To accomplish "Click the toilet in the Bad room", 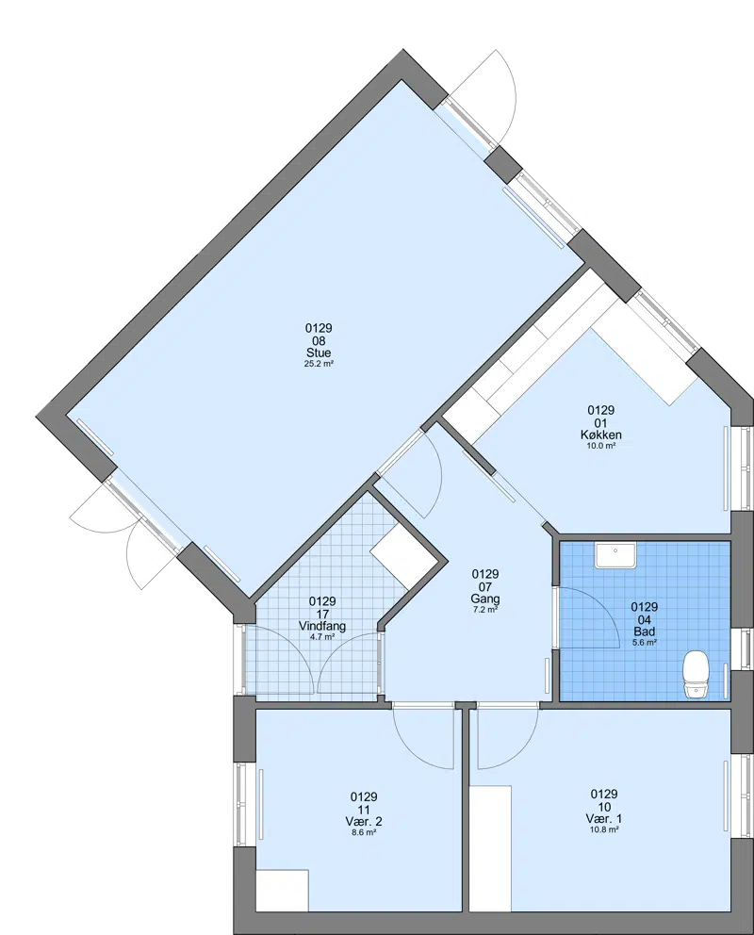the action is click(x=695, y=675).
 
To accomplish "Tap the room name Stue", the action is click(x=319, y=353).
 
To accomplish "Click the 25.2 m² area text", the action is click(x=319, y=363).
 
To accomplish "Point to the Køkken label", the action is click(x=600, y=435).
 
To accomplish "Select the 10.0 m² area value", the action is click(x=600, y=446).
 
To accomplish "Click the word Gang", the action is click(x=485, y=599).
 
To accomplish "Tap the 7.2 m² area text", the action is click(x=485, y=610).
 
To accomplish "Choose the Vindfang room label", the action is click(x=322, y=626).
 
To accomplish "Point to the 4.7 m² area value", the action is click(x=322, y=637).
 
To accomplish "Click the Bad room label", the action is click(x=645, y=632).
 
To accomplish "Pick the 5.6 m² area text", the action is click(x=645, y=642).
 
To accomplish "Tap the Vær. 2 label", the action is click(x=364, y=821).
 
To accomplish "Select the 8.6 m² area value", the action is click(x=364, y=832).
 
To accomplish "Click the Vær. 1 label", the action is click(x=604, y=818).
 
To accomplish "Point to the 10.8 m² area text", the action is click(x=604, y=828).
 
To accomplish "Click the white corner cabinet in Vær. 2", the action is click(x=282, y=891).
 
